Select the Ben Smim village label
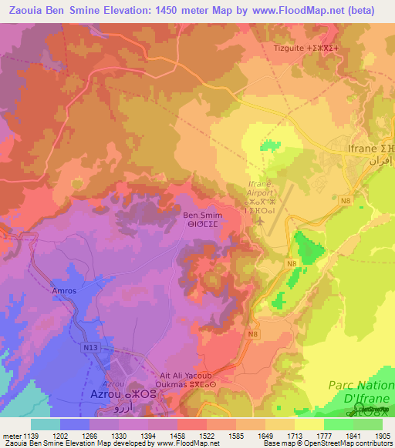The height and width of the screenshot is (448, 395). (202, 216)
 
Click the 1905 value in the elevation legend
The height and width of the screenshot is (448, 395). (376, 434)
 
